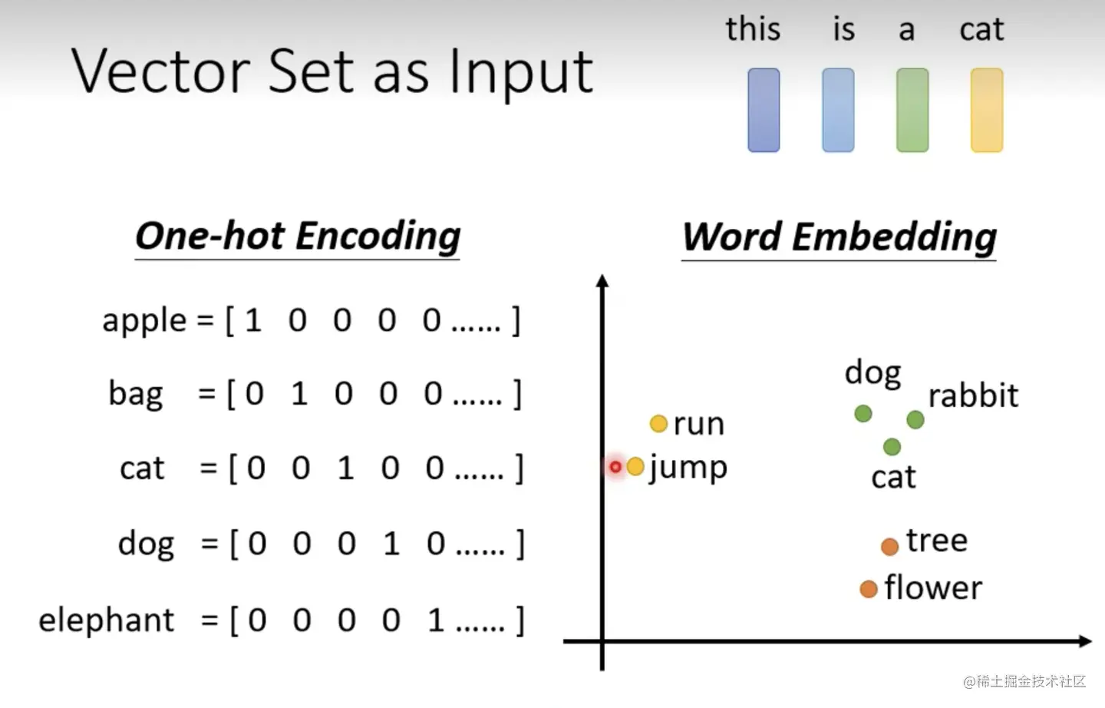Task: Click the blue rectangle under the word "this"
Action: (x=764, y=110)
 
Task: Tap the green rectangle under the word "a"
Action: (x=912, y=110)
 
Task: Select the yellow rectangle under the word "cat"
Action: (x=987, y=110)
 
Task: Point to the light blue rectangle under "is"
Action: (x=838, y=110)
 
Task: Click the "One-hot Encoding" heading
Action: (x=298, y=236)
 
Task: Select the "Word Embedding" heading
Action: (x=839, y=237)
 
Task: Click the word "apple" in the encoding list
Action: (x=144, y=320)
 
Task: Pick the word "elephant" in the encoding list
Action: (x=107, y=620)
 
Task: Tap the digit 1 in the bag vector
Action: (x=299, y=394)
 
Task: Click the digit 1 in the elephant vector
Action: (x=436, y=620)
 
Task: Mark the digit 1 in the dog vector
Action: (x=391, y=544)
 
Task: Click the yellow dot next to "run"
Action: (x=658, y=423)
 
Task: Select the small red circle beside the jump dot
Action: (x=615, y=466)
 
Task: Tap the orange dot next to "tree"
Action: (x=889, y=547)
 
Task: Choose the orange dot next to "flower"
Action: (x=869, y=589)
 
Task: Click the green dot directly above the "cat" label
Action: (x=892, y=446)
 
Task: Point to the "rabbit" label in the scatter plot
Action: (x=973, y=396)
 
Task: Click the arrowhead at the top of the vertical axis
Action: (x=602, y=281)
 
